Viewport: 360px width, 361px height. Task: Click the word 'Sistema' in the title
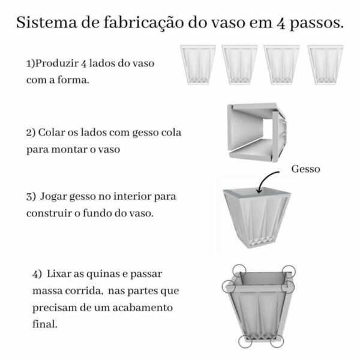tap(42, 23)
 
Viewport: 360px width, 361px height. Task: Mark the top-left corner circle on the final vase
tap(238, 270)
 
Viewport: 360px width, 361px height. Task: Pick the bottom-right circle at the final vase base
tap(277, 342)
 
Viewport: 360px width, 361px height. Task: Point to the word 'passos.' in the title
tap(318, 25)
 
